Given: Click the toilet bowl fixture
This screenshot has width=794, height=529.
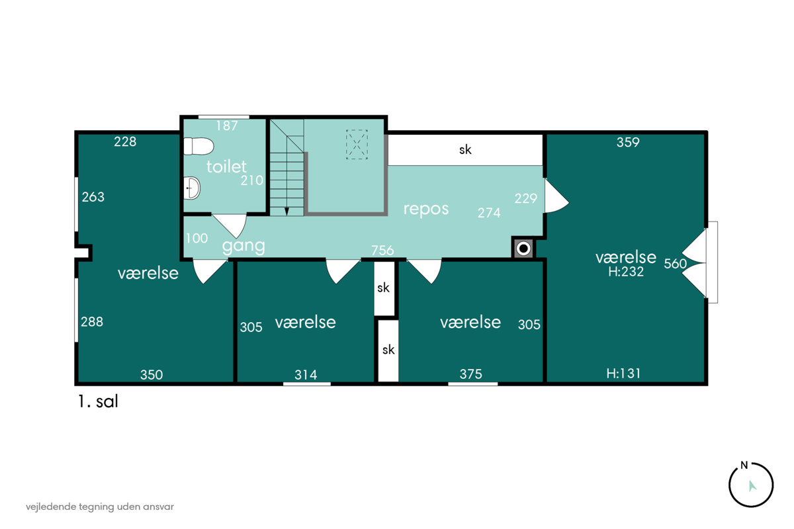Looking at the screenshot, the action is (x=198, y=146).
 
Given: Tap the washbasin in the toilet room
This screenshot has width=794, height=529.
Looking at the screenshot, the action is (x=192, y=188).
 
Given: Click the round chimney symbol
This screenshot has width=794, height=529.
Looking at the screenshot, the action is (x=523, y=249).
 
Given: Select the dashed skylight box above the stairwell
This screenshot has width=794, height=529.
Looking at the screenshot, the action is (x=357, y=145).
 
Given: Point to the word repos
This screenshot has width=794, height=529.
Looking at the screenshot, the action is (x=426, y=209).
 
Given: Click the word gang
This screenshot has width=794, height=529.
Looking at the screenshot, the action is (x=243, y=246).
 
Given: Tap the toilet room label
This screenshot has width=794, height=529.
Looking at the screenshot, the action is (x=226, y=167).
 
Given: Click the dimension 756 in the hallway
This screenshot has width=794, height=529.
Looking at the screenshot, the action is (x=382, y=251).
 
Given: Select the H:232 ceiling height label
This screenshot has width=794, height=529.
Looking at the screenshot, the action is (x=626, y=272).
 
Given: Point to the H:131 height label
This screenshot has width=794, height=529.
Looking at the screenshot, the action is (x=623, y=374).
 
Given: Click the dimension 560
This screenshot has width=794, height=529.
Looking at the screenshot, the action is (x=676, y=264).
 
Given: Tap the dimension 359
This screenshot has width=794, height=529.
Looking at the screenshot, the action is (x=628, y=142).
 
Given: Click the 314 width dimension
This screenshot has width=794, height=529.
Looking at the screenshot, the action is (x=306, y=374).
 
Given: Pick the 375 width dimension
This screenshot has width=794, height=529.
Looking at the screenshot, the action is (x=470, y=374).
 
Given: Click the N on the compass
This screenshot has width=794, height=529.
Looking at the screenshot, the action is (x=744, y=466).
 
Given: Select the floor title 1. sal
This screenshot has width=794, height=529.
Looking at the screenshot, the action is (x=98, y=401).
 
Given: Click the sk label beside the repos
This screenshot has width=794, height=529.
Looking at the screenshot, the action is (x=465, y=149).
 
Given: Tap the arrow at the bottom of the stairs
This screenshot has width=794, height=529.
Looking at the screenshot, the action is (x=287, y=212).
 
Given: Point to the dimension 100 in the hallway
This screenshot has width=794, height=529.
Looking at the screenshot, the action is (x=197, y=238).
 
